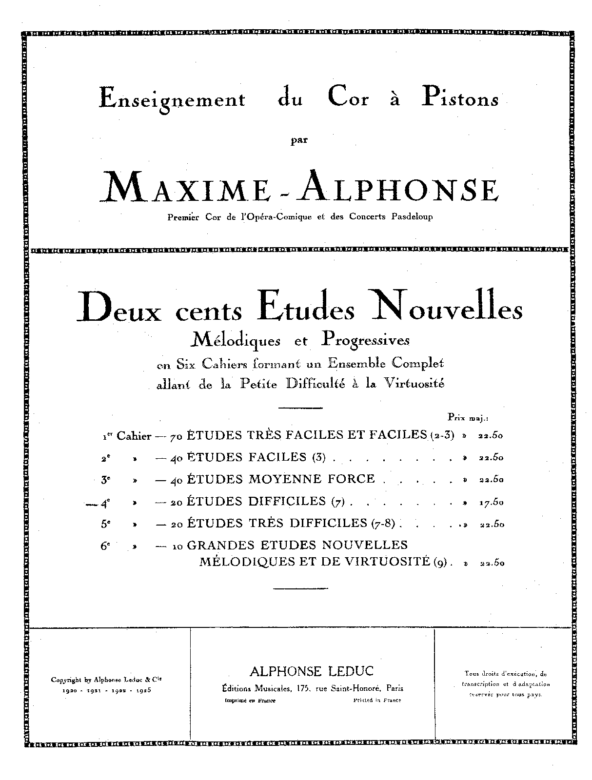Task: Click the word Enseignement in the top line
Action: [x=172, y=99]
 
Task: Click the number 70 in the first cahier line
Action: [x=175, y=436]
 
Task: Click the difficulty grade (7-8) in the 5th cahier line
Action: [x=385, y=524]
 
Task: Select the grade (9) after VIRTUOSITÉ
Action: [x=440, y=562]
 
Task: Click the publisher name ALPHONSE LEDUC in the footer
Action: [x=312, y=671]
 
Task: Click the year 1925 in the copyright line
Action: [x=143, y=690]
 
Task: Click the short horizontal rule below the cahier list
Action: [x=298, y=590]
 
